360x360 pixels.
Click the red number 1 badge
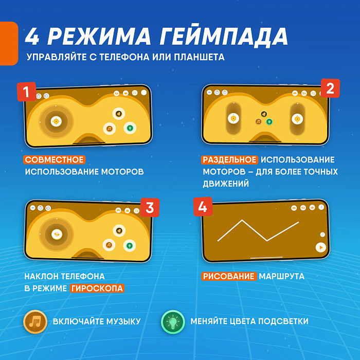[x=26, y=92]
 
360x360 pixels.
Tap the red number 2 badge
[x=330, y=88]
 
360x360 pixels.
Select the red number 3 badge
[x=150, y=208]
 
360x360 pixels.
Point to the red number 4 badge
[x=203, y=207]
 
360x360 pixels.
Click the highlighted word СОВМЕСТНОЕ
[x=54, y=159]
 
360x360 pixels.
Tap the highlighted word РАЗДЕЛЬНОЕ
[x=229, y=160]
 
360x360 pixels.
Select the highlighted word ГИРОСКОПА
[x=97, y=288]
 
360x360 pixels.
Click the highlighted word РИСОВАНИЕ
[x=229, y=276]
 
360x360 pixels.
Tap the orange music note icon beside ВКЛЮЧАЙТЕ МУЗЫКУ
[x=35, y=321]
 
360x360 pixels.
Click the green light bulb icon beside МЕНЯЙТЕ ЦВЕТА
[x=173, y=321]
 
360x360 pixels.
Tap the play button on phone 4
[x=321, y=247]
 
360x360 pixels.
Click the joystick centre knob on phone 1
[x=56, y=121]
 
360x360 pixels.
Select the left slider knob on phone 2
[x=233, y=118]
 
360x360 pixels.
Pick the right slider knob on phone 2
[x=297, y=119]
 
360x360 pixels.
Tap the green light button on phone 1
[x=130, y=128]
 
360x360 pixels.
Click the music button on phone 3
[x=109, y=245]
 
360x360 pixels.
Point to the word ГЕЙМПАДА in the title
[x=224, y=36]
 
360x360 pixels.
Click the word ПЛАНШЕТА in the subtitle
[x=199, y=57]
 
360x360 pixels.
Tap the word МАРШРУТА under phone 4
[x=282, y=276]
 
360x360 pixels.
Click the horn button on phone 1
[x=118, y=114]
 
